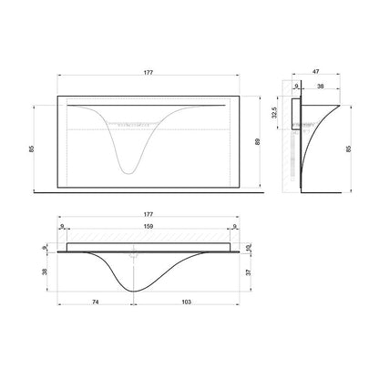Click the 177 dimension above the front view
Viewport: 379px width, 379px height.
[149, 72]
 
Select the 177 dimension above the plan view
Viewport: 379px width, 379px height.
[149, 214]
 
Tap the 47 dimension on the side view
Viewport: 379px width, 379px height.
[316, 72]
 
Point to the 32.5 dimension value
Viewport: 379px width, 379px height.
[275, 113]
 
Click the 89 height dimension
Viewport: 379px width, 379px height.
[258, 142]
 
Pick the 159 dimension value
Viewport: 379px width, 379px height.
[149, 226]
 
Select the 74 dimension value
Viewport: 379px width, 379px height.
[96, 302]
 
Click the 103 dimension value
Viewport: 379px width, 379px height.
[186, 302]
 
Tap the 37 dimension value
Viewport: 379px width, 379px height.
[249, 272]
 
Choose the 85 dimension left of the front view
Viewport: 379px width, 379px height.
[32, 149]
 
